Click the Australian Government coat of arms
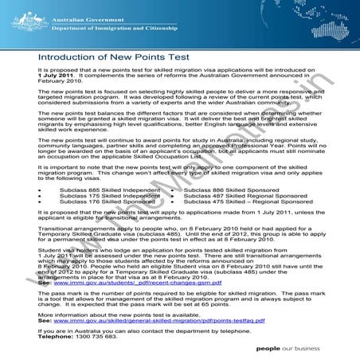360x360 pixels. click(22, 16)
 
